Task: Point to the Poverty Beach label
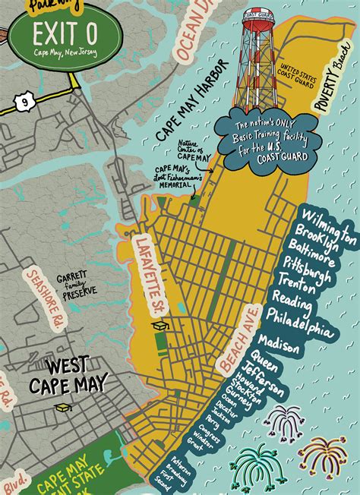click(x=332, y=90)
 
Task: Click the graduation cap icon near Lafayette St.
click(x=159, y=325)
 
